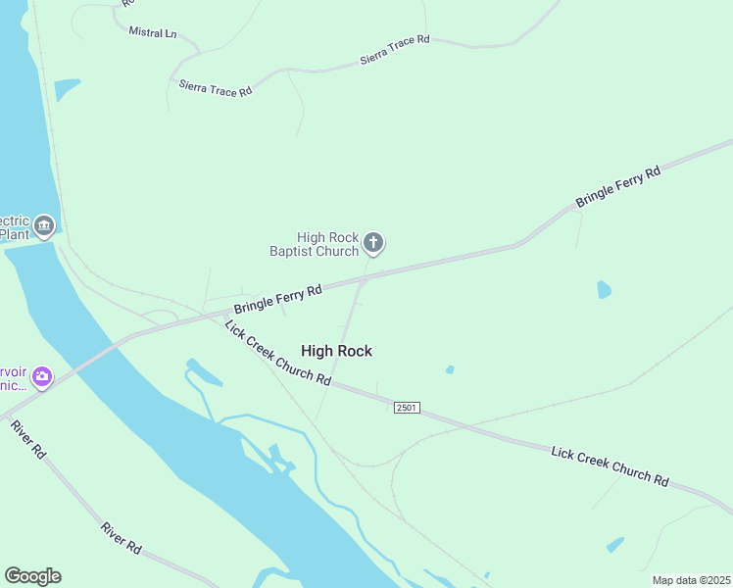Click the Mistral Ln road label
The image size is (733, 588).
pos(153,32)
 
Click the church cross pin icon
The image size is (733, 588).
pos(372,242)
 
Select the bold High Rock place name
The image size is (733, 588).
pos(336,351)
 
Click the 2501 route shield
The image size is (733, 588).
pos(407,407)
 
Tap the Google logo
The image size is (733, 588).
pos(32,576)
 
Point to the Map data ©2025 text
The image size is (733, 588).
pos(692,580)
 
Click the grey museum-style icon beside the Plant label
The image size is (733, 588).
pos(43,226)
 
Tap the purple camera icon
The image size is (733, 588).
pos(41,376)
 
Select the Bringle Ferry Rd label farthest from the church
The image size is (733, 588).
pos(618,185)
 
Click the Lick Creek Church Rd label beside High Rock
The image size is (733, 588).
pos(277,353)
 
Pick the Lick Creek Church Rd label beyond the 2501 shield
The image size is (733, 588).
pos(610,465)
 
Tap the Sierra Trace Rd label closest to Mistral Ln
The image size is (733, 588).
pos(216,88)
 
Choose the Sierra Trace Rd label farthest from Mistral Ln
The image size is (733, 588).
pos(395,49)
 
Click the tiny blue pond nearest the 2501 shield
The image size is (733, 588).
pos(450,369)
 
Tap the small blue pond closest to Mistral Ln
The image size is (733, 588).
pos(67,89)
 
